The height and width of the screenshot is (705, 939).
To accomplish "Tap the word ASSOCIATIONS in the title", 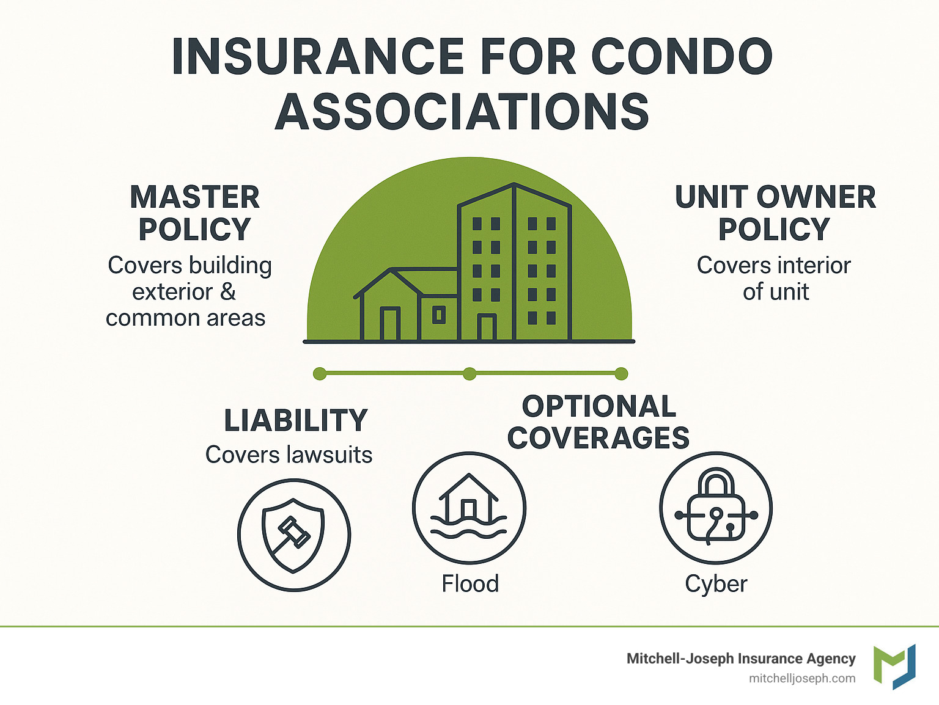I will click(x=462, y=112).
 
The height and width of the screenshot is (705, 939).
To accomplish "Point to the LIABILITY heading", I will click(x=296, y=421).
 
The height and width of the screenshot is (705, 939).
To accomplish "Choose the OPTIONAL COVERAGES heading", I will click(x=598, y=422).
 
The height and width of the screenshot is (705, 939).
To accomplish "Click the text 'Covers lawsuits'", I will click(x=289, y=455).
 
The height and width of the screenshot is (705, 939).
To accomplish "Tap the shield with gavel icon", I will click(x=294, y=535).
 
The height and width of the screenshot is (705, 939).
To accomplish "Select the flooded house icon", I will click(x=469, y=508).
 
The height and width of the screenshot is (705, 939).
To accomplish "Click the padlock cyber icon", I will click(x=716, y=508).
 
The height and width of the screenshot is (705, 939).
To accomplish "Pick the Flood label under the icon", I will click(x=470, y=583).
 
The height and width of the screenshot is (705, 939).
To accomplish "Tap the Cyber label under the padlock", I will click(x=716, y=584).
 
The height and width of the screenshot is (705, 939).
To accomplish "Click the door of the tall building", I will click(x=487, y=327).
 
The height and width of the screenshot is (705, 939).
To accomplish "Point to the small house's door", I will click(x=390, y=324).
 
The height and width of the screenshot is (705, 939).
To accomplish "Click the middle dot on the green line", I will click(x=469, y=374).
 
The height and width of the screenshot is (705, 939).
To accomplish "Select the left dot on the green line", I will click(x=319, y=374).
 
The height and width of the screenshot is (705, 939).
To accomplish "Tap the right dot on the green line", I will click(x=621, y=374).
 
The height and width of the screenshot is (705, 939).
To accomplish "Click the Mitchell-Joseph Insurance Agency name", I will click(x=741, y=659).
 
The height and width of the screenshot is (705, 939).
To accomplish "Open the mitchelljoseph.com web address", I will click(x=802, y=678).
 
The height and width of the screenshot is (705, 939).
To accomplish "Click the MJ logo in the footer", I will click(x=894, y=667).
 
